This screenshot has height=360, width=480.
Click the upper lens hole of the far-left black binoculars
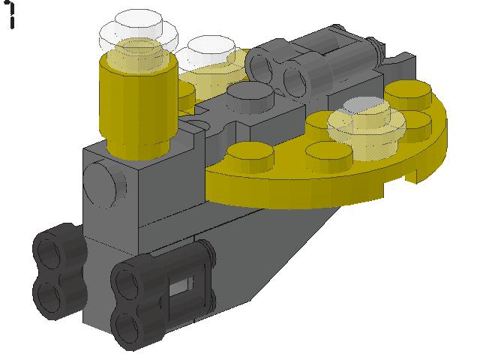[x=49, y=250]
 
